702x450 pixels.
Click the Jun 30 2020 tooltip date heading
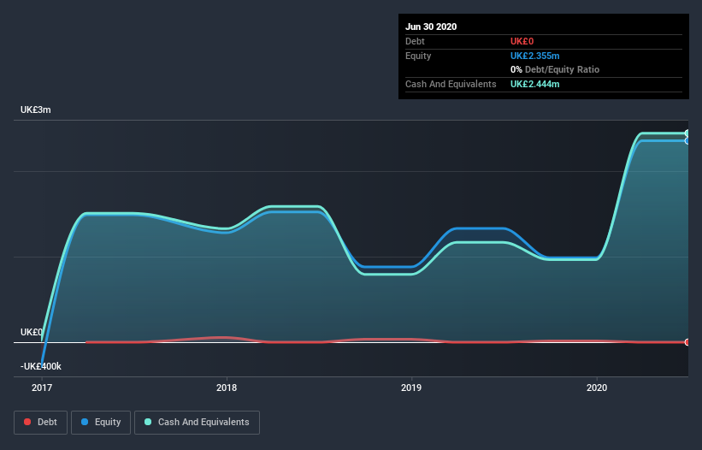coord(432,27)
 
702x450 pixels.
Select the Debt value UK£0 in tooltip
coord(523,41)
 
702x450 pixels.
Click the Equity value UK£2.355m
coord(534,56)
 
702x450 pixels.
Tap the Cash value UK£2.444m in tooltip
coord(534,84)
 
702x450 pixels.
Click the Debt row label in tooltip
coord(416,41)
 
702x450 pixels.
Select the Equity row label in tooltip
coord(418,56)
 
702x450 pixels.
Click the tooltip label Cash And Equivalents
coord(451,84)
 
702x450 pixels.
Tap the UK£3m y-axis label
coord(36,110)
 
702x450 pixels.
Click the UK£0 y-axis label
coord(32,332)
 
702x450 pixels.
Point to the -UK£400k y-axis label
coord(41,366)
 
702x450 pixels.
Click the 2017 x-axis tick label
coord(42,388)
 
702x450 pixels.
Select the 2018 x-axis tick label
coord(227,388)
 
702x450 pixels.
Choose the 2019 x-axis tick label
coord(411,388)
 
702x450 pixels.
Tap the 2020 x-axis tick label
coord(597,388)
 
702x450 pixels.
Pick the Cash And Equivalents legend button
coord(197,422)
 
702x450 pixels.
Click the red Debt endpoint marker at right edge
coord(687,342)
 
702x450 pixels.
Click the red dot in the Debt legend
coord(27,422)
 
